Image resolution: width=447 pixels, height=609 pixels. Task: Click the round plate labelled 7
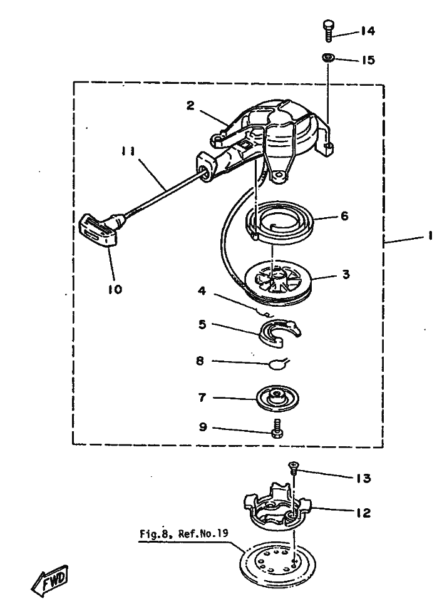tap(277, 397)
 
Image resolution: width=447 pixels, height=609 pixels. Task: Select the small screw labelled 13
tap(293, 466)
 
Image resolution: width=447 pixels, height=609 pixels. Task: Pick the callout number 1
tap(431, 237)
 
